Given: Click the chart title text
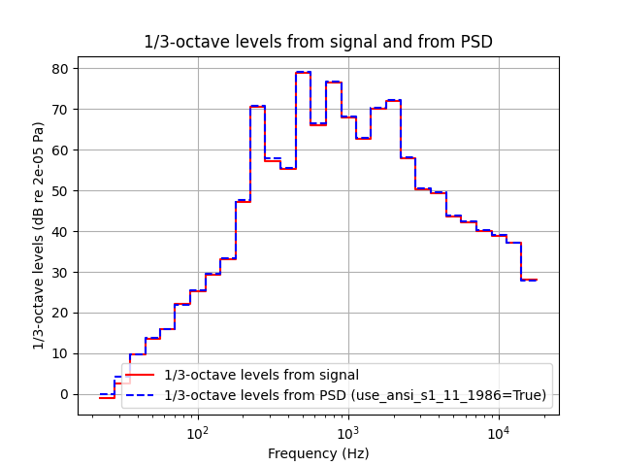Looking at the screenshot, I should tap(317, 42).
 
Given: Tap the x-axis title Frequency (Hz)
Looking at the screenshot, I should tap(317, 452).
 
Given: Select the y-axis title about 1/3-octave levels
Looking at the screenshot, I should tap(39, 236).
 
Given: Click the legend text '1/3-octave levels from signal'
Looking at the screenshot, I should tap(261, 375).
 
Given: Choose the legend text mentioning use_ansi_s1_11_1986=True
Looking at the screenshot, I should tap(355, 395).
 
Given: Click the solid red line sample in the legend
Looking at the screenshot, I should tap(141, 375).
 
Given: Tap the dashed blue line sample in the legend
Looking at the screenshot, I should tap(141, 395).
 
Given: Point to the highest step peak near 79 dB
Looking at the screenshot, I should tap(303, 72).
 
